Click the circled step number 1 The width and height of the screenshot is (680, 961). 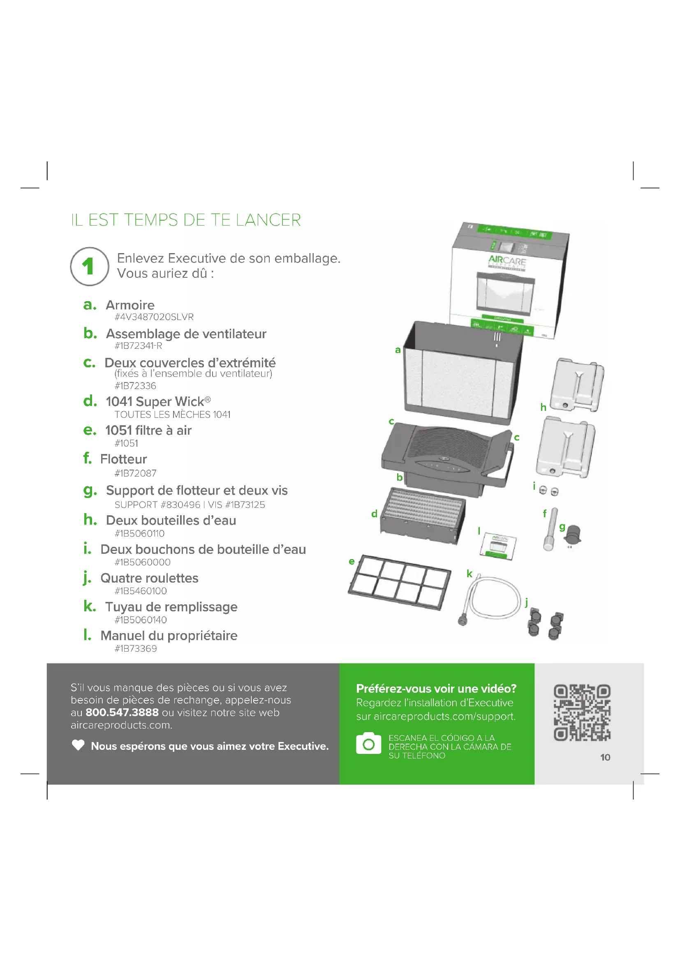point(89,266)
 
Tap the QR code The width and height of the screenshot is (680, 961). point(582,712)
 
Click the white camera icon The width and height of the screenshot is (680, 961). point(368,743)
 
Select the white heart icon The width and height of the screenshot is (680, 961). point(78,745)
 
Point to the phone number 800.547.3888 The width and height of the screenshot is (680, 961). point(122,712)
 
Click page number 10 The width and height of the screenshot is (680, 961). point(605,757)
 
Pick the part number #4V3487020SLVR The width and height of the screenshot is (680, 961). point(154,317)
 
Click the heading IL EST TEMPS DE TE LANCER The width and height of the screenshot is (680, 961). point(186,220)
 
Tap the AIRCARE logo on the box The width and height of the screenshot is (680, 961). point(507,261)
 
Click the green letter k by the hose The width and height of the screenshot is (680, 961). point(470,574)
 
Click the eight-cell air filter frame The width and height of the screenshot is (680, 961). point(400,582)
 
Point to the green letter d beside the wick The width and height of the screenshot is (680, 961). point(375,514)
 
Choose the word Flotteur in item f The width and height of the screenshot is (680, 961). point(123,459)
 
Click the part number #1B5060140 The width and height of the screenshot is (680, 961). point(141,620)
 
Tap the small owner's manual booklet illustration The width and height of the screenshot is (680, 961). point(499,546)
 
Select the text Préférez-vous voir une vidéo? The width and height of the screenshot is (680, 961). point(436,689)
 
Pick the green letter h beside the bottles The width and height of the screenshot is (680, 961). point(543,407)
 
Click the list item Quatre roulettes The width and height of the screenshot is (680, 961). point(150,578)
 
